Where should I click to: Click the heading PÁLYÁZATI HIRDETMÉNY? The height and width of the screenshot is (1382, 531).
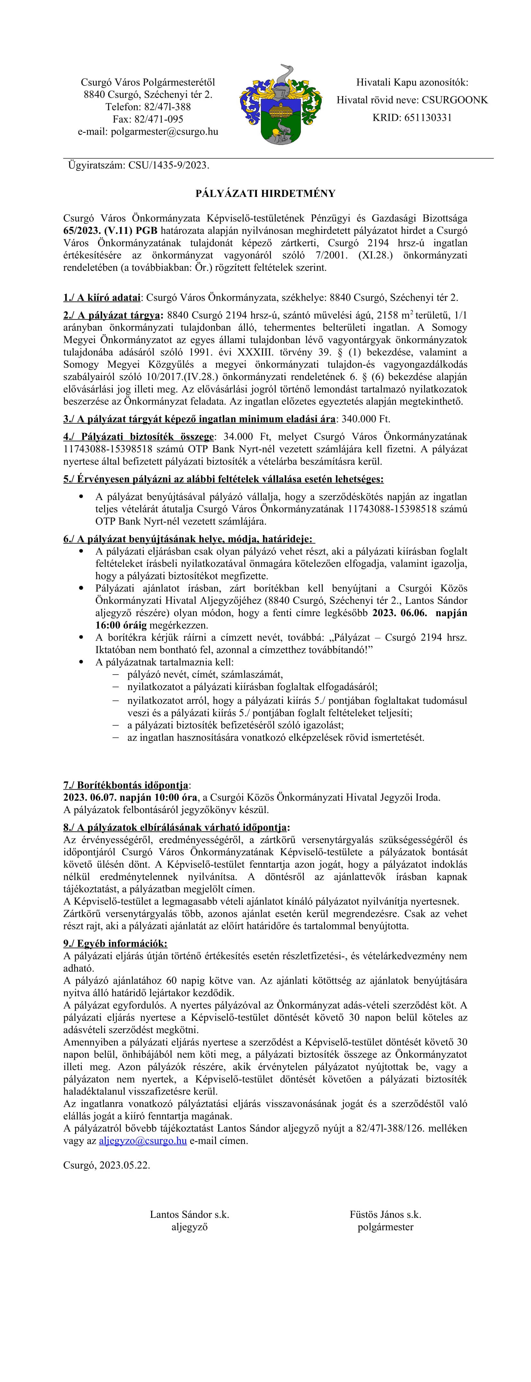click(x=265, y=193)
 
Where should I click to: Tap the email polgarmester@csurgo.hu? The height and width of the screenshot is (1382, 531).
click(x=148, y=131)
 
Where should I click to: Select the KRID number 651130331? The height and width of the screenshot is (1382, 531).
click(x=412, y=118)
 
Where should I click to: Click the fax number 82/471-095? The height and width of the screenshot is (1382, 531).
click(x=148, y=119)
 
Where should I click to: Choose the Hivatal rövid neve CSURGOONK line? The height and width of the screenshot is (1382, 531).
click(x=412, y=100)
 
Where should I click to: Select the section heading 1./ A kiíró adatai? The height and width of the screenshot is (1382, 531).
click(x=102, y=297)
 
